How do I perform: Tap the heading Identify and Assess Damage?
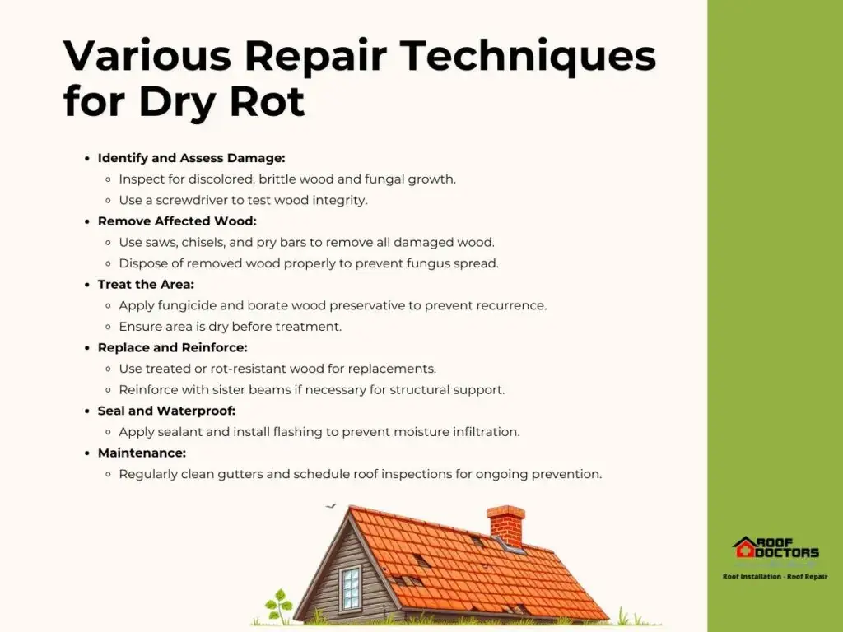191,158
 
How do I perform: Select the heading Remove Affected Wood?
178,221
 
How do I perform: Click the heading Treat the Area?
146,284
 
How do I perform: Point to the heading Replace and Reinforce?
173,348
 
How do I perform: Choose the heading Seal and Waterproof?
166,411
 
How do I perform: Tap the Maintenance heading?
142,453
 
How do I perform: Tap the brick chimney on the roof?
506,526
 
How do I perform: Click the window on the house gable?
350,588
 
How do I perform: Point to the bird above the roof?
330,506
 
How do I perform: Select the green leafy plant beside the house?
280,606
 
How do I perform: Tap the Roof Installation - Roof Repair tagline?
775,577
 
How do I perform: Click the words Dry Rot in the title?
221,101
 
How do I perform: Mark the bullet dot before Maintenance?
87,453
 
